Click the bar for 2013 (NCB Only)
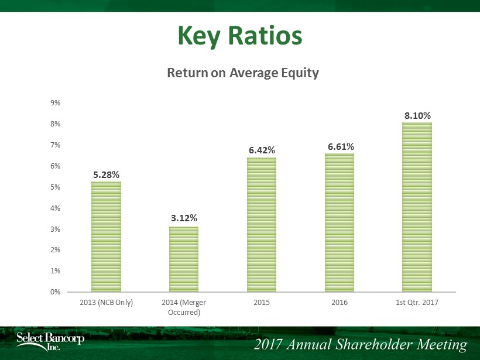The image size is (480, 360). click(106, 236)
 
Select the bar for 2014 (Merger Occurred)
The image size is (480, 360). click(184, 259)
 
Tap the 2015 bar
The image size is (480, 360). click(262, 225)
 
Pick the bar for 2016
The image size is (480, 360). click(340, 222)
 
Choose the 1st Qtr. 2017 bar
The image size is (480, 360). click(417, 207)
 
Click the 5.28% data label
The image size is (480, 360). click(106, 175)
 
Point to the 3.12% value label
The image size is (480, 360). click(184, 218)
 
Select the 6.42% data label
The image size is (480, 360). click(262, 150)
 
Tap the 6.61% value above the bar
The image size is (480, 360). click(341, 146)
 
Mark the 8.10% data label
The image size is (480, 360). click(417, 116)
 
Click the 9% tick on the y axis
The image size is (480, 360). click(56, 103)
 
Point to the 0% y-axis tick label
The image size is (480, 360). click(56, 292)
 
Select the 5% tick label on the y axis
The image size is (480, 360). click(56, 187)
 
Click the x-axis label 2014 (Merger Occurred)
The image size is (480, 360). click(184, 307)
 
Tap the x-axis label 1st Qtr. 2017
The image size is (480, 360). click(417, 303)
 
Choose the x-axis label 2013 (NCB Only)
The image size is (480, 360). click(106, 303)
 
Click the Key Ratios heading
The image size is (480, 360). click(240, 36)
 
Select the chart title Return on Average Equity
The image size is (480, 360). click(243, 73)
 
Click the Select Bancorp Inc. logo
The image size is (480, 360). click(50, 341)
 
